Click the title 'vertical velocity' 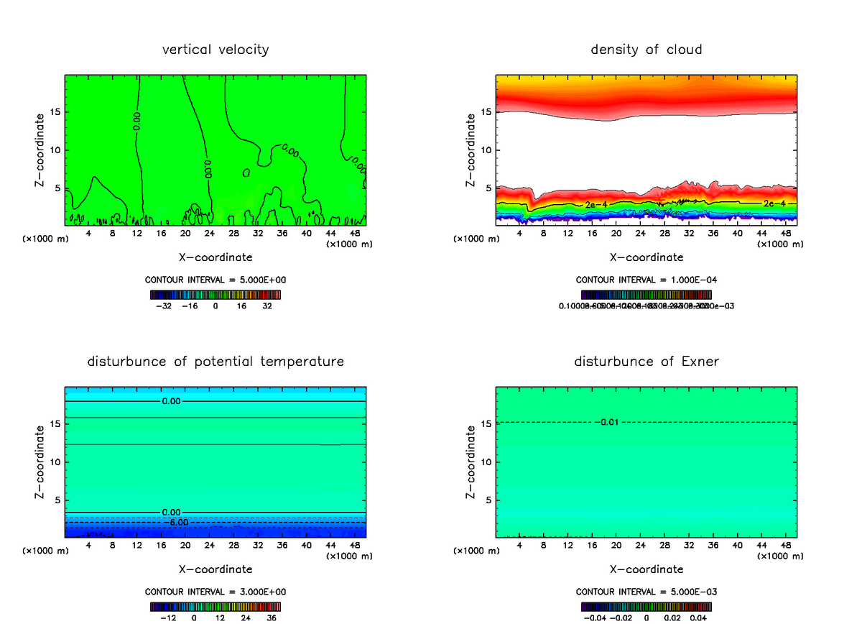coord(215,50)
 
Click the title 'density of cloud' coord(646,50)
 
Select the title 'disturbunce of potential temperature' coord(215,361)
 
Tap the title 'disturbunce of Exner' coord(646,361)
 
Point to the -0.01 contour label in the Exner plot coord(608,422)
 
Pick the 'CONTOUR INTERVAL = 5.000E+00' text coord(215,280)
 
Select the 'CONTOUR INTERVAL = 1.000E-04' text coord(646,280)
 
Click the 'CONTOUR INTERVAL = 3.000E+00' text coord(215,592)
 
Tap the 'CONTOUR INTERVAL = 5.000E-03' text coord(646,592)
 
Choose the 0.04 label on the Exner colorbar coord(700,617)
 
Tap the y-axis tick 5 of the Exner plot coord(488,500)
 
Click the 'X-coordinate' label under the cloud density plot coord(646,257)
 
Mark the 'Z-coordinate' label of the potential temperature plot coord(41,463)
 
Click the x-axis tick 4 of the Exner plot coord(519,545)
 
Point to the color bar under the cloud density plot coord(646,295)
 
